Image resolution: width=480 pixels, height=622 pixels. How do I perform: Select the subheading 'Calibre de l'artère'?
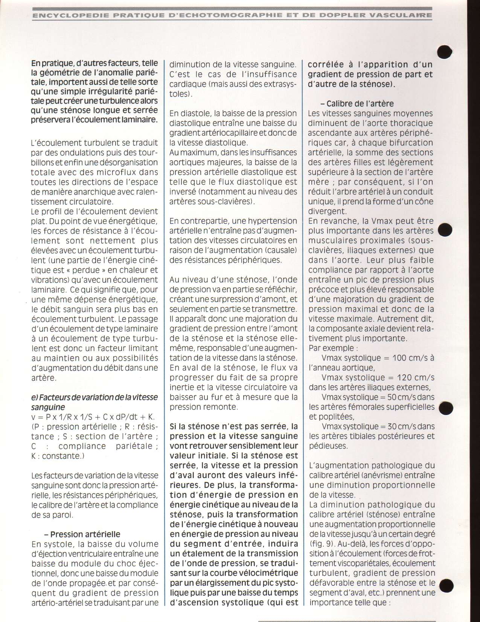(x=360, y=104)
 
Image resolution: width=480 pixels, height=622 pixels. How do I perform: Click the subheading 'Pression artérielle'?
(x=85, y=534)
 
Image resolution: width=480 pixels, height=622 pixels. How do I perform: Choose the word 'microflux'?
(x=114, y=172)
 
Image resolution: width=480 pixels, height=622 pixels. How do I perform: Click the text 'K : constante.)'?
(x=56, y=456)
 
